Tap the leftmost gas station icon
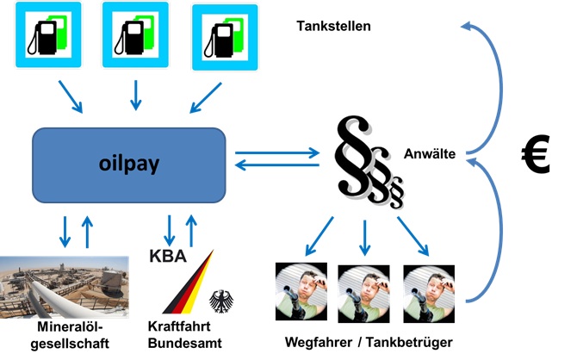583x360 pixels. (49, 35)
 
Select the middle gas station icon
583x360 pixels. (135, 35)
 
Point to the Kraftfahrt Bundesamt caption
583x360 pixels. (185, 336)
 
